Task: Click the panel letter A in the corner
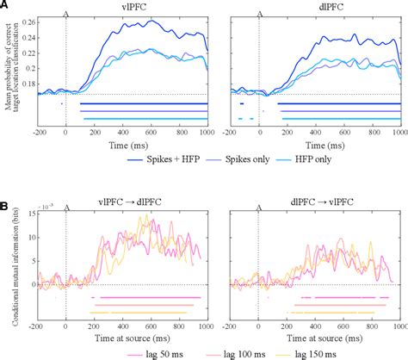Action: (6, 6)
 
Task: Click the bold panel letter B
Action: (6, 208)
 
